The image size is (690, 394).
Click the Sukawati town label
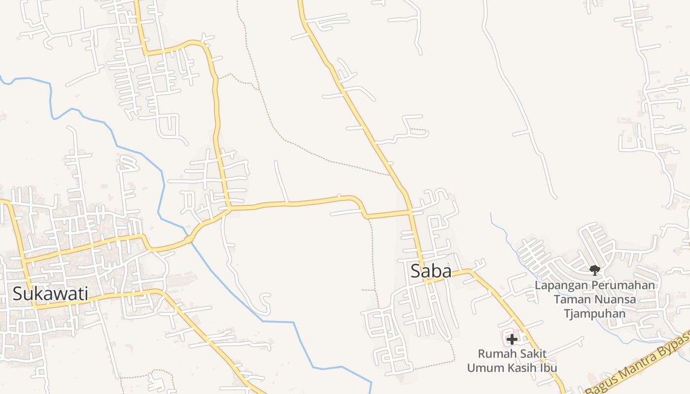pos(50,294)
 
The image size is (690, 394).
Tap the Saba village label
pos(431,271)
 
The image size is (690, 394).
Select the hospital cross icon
pos(512,339)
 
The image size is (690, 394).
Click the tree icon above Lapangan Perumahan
pos(595,270)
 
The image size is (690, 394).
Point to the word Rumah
pos(495,354)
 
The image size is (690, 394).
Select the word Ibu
pos(549,368)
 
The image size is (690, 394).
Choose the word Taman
pos(570,299)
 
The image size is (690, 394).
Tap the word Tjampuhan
pos(595,314)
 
